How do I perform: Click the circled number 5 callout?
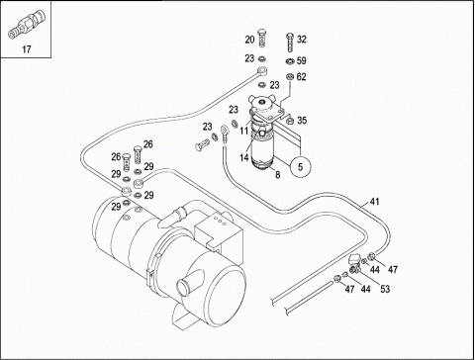pyautogui.click(x=300, y=167)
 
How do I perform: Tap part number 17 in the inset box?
pyautogui.click(x=27, y=49)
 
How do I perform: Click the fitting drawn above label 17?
pyautogui.click(x=27, y=24)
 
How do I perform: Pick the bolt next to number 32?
pyautogui.click(x=290, y=43)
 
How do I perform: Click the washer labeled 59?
pyautogui.click(x=289, y=61)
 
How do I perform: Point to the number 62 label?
pyautogui.click(x=302, y=77)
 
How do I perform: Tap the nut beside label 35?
pyautogui.click(x=290, y=121)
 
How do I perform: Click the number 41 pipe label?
pyautogui.click(x=374, y=202)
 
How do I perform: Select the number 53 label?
pyautogui.click(x=385, y=289)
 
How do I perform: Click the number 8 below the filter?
pyautogui.click(x=277, y=175)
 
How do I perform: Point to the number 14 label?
pyautogui.click(x=244, y=157)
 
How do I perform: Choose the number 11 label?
pyautogui.click(x=243, y=131)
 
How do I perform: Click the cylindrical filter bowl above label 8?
pyautogui.click(x=262, y=150)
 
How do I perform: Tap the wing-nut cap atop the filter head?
pyautogui.click(x=263, y=101)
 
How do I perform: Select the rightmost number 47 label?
pyautogui.click(x=393, y=270)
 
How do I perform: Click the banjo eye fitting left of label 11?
pyautogui.click(x=225, y=132)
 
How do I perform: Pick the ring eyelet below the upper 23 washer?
pyautogui.click(x=263, y=70)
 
